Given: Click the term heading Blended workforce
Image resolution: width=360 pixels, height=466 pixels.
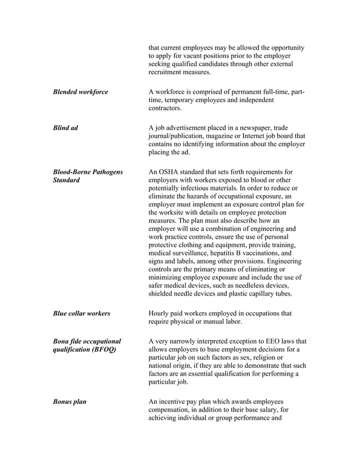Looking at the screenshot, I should coord(80,92).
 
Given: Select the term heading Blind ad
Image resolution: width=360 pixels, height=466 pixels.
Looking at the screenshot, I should coord(65,128).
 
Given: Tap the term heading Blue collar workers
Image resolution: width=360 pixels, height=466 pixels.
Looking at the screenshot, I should coord(81,313).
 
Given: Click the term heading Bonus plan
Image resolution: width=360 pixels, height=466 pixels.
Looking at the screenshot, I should coord(69,402).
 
